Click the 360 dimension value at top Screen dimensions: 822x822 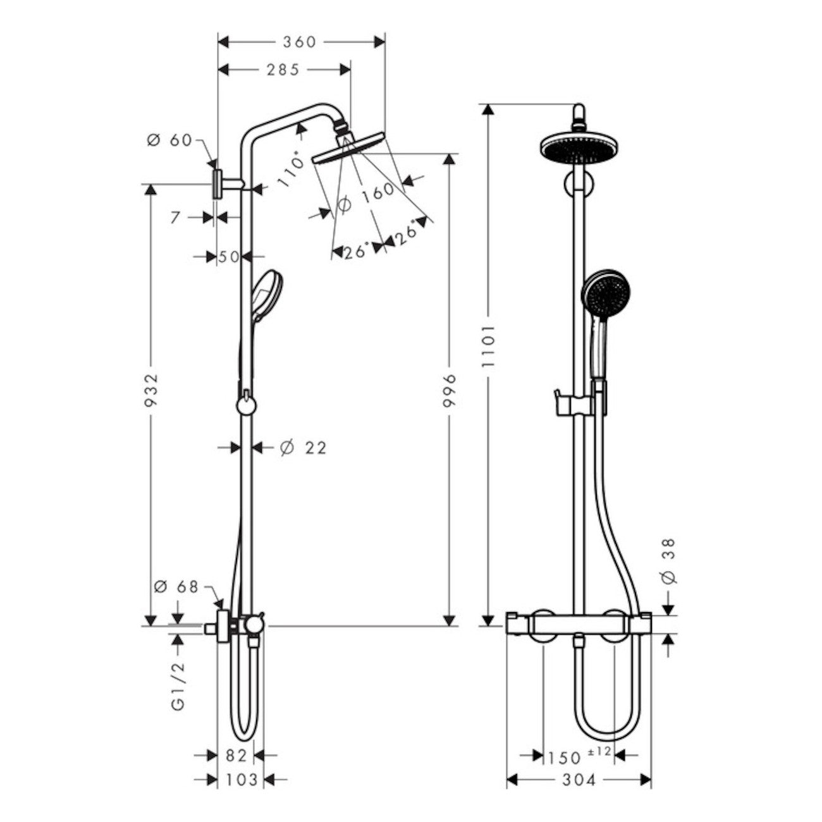pos(299,42)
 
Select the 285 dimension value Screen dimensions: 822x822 pos(282,70)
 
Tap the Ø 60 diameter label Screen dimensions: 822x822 pos(169,140)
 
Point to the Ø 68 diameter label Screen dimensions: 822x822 pos(176,587)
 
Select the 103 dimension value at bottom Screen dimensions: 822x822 pos(241,780)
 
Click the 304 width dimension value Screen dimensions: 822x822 pos(578,780)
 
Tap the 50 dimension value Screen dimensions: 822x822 pos(229,257)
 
